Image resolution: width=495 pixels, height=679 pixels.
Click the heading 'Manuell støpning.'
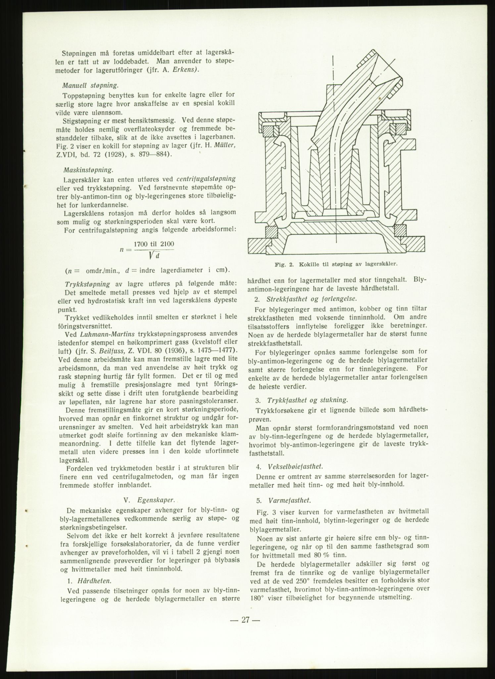click(x=90, y=85)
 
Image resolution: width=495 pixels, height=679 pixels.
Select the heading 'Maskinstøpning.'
click(x=88, y=170)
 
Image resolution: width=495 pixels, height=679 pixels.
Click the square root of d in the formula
click(x=154, y=255)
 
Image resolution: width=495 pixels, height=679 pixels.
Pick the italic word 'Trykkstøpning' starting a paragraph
click(x=87, y=284)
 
